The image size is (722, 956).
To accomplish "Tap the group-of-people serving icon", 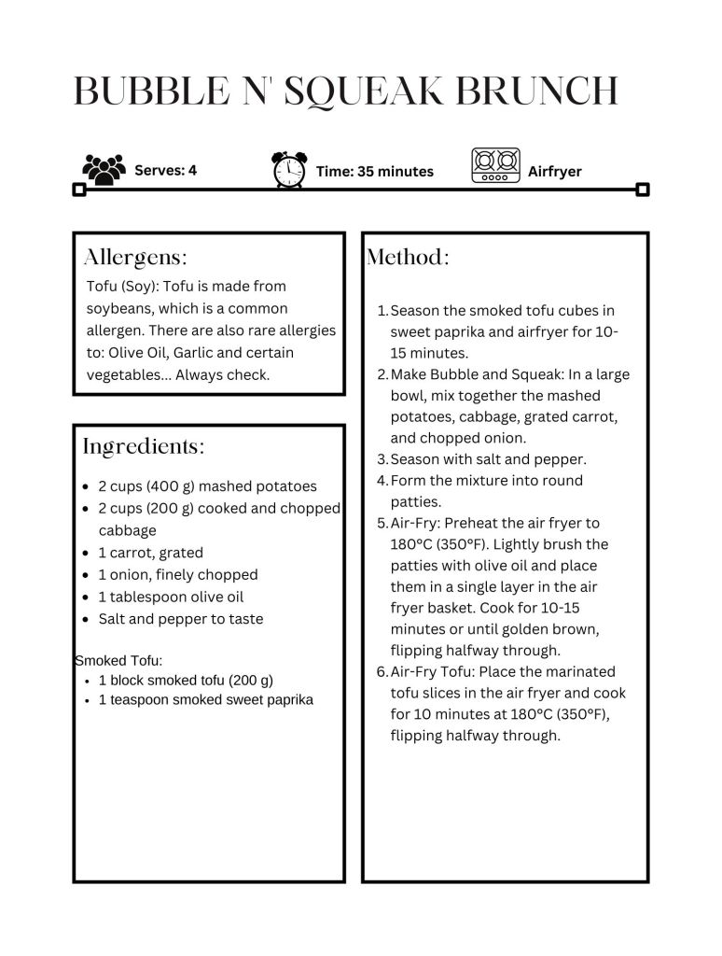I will [x=104, y=169].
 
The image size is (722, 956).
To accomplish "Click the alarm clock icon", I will [x=288, y=170].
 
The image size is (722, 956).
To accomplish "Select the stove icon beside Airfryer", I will [x=495, y=166].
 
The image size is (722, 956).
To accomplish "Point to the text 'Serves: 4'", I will [x=165, y=170].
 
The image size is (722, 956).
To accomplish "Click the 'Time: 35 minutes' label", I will [x=374, y=171].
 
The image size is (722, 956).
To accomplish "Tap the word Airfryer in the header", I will [x=554, y=171].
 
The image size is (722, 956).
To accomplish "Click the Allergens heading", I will [x=135, y=257].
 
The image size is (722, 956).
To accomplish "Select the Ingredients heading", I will [x=143, y=446].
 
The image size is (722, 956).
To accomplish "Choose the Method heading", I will [x=408, y=257].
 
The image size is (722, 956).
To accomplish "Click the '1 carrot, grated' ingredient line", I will [x=150, y=553].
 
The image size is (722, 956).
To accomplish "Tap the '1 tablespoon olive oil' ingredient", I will [x=170, y=597].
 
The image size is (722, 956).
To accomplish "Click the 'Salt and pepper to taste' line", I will [x=180, y=619].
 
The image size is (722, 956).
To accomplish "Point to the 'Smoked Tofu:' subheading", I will [x=118, y=661].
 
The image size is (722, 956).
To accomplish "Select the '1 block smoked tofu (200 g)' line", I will [x=186, y=681].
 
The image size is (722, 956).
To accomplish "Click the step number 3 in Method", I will [x=382, y=459].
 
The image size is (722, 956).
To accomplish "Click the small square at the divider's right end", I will [x=642, y=190].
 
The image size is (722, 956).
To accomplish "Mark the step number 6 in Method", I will [x=382, y=671].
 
